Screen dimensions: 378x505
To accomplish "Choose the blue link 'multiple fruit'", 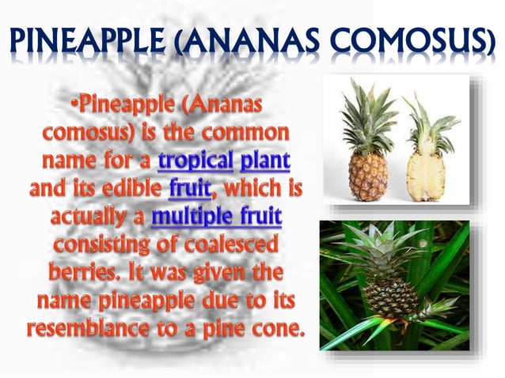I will [215, 217].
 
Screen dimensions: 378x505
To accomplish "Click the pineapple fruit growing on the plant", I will [391, 297].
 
